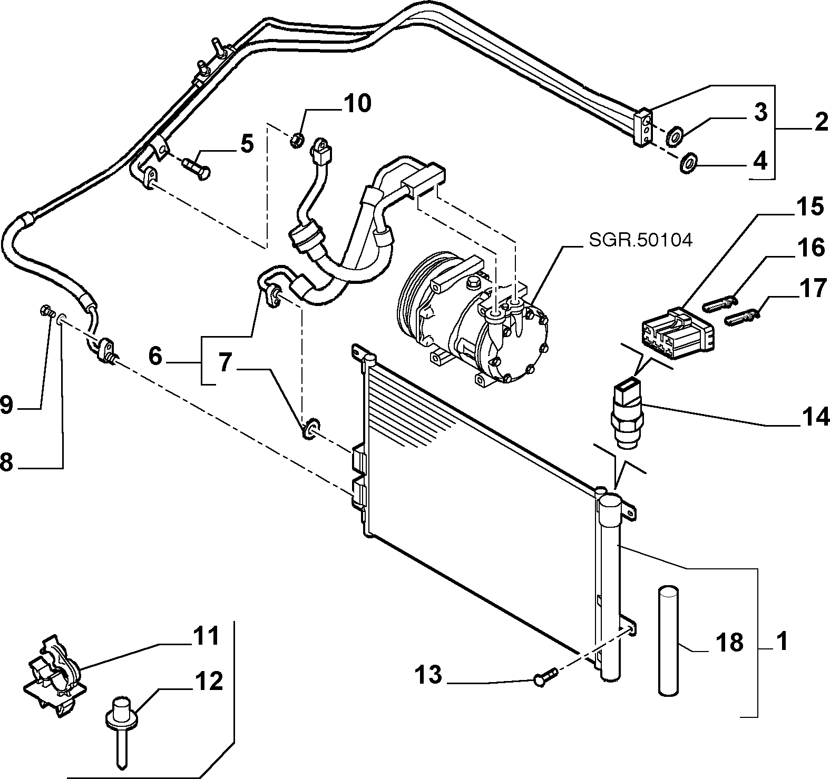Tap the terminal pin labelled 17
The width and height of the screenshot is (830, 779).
(744, 318)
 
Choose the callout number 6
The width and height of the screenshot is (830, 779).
(154, 357)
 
